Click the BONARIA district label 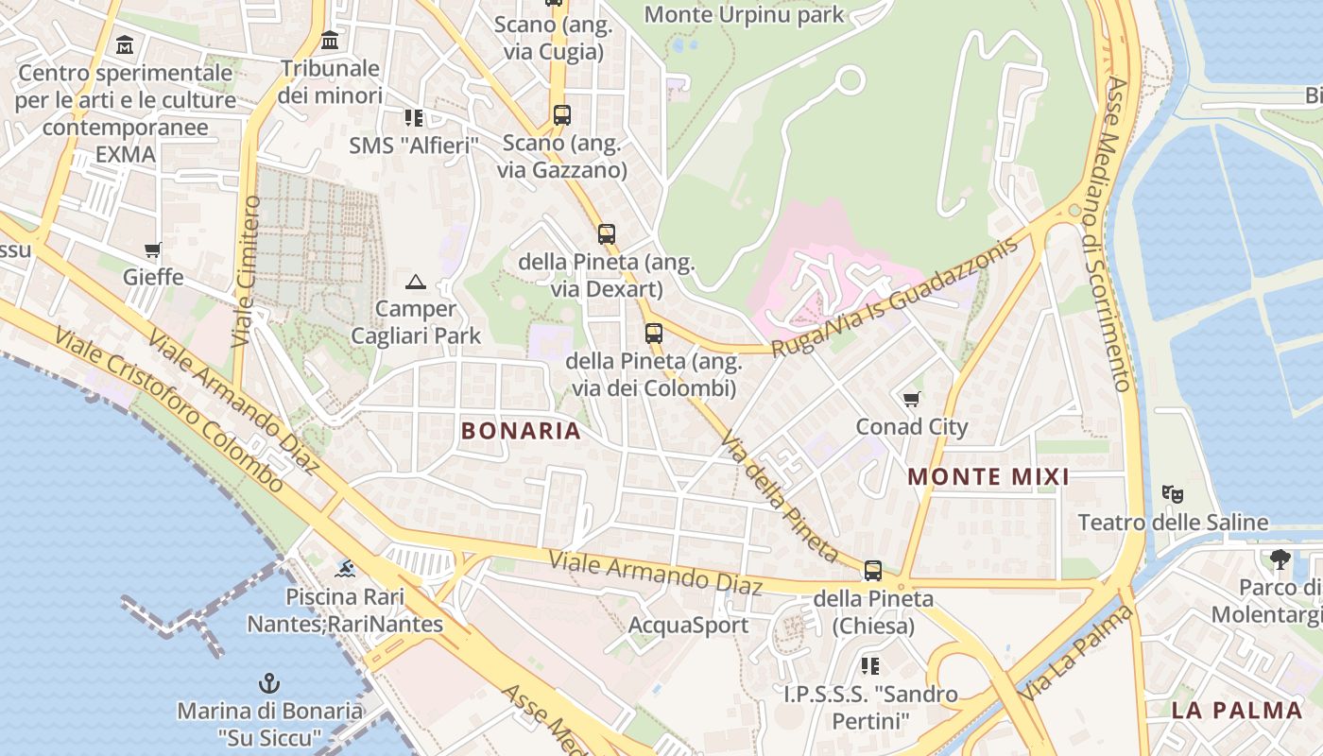click(521, 431)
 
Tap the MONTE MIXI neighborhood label click(988, 477)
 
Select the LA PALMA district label click(1237, 710)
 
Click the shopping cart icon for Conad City click(912, 400)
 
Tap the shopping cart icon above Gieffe click(153, 250)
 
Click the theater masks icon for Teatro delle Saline click(1173, 494)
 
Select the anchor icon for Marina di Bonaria click(270, 683)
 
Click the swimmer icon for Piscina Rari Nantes click(346, 569)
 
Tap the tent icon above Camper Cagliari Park click(416, 282)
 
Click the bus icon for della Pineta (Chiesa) click(873, 571)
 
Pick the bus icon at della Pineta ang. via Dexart click(607, 233)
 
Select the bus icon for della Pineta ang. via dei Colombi click(653, 333)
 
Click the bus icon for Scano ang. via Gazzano click(562, 115)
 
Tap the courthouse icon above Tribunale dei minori click(330, 41)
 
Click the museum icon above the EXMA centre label click(125, 44)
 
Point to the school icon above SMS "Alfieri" click(414, 118)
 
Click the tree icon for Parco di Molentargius click(1280, 559)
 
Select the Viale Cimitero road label click(247, 270)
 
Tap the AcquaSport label click(688, 626)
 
